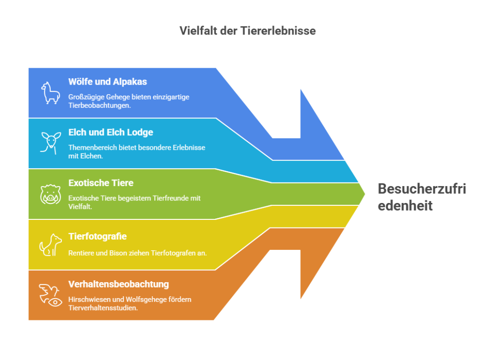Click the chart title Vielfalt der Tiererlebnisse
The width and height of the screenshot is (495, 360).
click(x=247, y=30)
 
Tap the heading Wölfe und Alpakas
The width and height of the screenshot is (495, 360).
click(x=108, y=82)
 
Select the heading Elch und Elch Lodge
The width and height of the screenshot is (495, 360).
click(x=111, y=132)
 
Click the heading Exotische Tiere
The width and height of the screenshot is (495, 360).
click(x=101, y=183)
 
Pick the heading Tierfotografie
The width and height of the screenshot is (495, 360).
click(x=98, y=236)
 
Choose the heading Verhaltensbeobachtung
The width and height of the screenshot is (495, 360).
click(x=119, y=284)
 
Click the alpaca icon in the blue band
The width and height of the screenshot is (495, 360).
click(x=50, y=93)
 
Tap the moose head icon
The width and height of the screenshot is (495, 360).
click(x=50, y=143)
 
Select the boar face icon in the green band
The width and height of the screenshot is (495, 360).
click(x=50, y=194)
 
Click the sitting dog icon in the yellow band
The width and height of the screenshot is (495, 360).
click(x=50, y=245)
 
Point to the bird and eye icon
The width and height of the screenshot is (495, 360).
click(x=50, y=295)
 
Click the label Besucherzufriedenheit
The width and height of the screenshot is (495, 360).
click(x=422, y=197)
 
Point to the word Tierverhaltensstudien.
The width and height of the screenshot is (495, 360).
click(x=103, y=308)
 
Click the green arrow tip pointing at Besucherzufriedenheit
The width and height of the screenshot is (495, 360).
click(x=364, y=194)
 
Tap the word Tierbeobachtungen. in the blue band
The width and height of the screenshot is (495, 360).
click(x=100, y=106)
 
